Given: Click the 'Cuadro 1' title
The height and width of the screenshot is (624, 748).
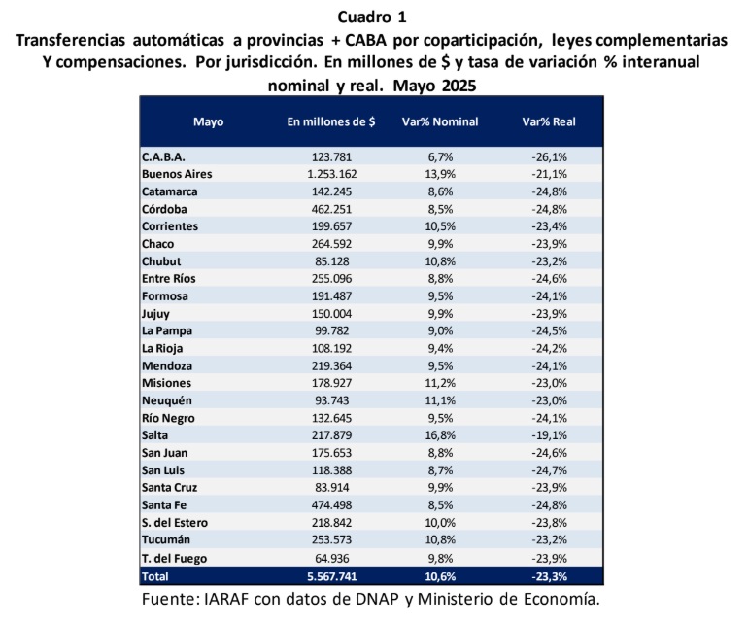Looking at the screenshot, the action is coord(372,17).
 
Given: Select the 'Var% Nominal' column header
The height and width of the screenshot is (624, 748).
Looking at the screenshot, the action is coord(440,121).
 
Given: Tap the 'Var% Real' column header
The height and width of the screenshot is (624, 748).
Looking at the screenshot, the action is coord(549,121).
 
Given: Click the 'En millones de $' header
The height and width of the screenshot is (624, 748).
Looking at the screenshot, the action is coord(331,121).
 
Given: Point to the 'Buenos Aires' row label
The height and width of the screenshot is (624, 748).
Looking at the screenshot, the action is coord(177,174).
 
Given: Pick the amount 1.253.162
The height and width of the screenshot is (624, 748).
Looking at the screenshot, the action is coord(332,174).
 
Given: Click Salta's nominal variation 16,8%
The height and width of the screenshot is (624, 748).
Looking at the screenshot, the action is coord(440,435).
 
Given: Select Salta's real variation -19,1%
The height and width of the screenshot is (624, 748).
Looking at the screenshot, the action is coord(550,435).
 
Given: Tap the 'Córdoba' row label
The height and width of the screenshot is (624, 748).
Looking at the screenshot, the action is coord(164,209).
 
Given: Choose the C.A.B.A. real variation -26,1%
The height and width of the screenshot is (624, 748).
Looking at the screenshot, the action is coord(550,157).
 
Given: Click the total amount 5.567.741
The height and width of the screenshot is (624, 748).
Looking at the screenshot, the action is coord(332,576).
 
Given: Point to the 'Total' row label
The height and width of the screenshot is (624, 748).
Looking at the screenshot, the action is coord(155,576).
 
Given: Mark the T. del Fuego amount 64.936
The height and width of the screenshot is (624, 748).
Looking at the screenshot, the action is coord(332,558).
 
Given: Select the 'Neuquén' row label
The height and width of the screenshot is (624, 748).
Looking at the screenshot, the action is coord(167,400).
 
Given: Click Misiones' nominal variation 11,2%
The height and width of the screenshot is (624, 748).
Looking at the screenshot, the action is coord(440,383).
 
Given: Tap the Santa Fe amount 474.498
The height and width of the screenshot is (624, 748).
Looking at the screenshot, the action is coord(332,505).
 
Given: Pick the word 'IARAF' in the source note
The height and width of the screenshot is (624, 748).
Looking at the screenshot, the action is coord(226,599).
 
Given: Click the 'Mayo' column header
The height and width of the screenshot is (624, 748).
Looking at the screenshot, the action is coord(209,122).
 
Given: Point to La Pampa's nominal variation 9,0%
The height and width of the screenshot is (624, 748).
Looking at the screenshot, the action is coord(440,330).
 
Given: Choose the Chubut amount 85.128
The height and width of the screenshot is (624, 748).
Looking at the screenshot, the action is coord(332,261).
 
